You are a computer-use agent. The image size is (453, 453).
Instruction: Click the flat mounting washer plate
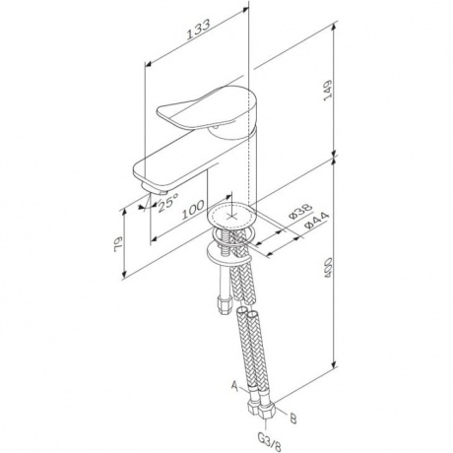(x=228, y=254)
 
